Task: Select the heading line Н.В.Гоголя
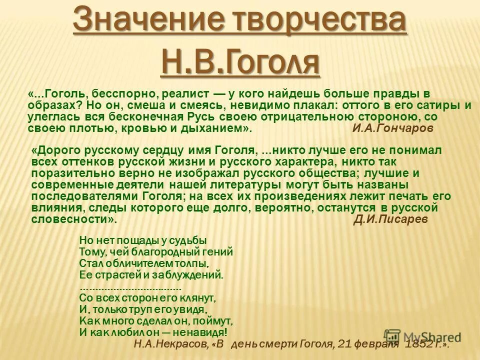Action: [x=240, y=61]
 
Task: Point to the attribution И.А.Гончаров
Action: [x=393, y=128]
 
